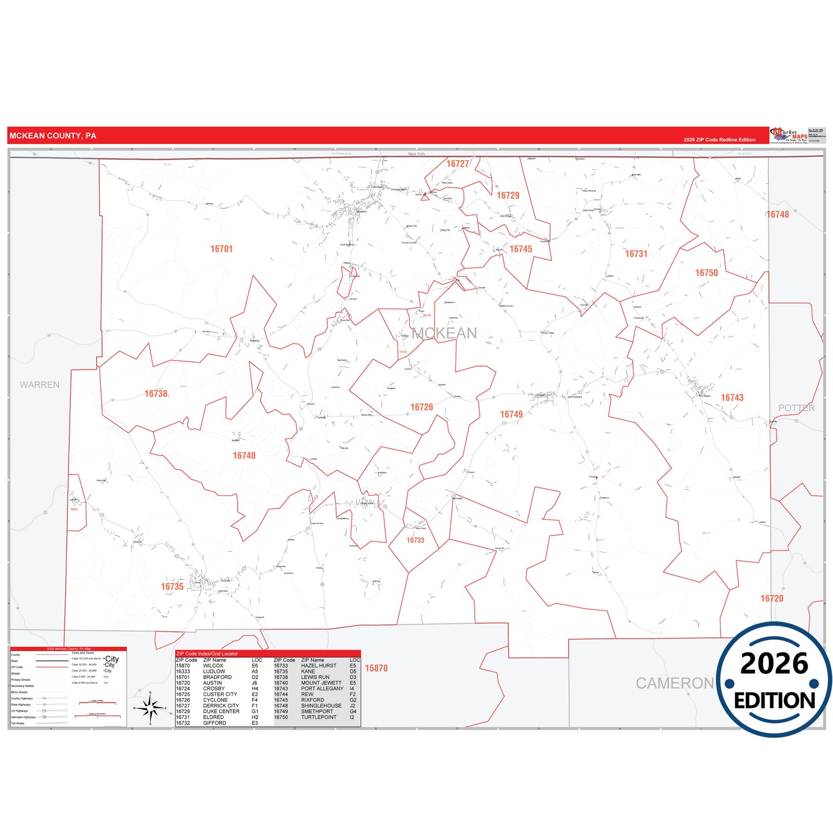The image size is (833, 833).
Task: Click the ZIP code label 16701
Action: point(221,249)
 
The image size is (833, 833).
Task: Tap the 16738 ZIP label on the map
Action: point(156,394)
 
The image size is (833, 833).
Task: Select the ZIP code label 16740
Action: point(244,455)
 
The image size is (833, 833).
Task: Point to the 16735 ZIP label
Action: point(172,586)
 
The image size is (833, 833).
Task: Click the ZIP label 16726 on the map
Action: point(421,407)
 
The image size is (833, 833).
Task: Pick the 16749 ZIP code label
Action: point(511,414)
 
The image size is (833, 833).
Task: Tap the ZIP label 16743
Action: point(732,398)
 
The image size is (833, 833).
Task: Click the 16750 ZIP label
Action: point(706,273)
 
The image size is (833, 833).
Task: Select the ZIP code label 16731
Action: point(636,254)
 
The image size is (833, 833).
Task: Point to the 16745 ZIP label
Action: point(521,249)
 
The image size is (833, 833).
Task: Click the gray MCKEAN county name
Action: point(444,333)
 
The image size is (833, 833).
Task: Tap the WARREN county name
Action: point(39,385)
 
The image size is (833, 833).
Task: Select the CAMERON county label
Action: point(674,683)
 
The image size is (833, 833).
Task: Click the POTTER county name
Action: point(796,408)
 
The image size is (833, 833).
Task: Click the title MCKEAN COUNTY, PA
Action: point(53,136)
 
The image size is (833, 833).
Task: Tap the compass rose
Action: point(150,707)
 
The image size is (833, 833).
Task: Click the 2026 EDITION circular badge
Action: point(774,680)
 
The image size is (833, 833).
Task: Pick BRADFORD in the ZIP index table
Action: point(217,677)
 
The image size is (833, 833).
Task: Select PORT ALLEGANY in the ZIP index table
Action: point(322,688)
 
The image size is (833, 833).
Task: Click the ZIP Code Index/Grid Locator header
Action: point(207,654)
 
